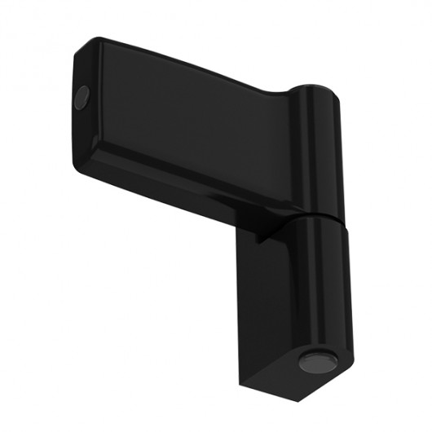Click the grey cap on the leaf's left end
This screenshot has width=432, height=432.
[82, 99]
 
